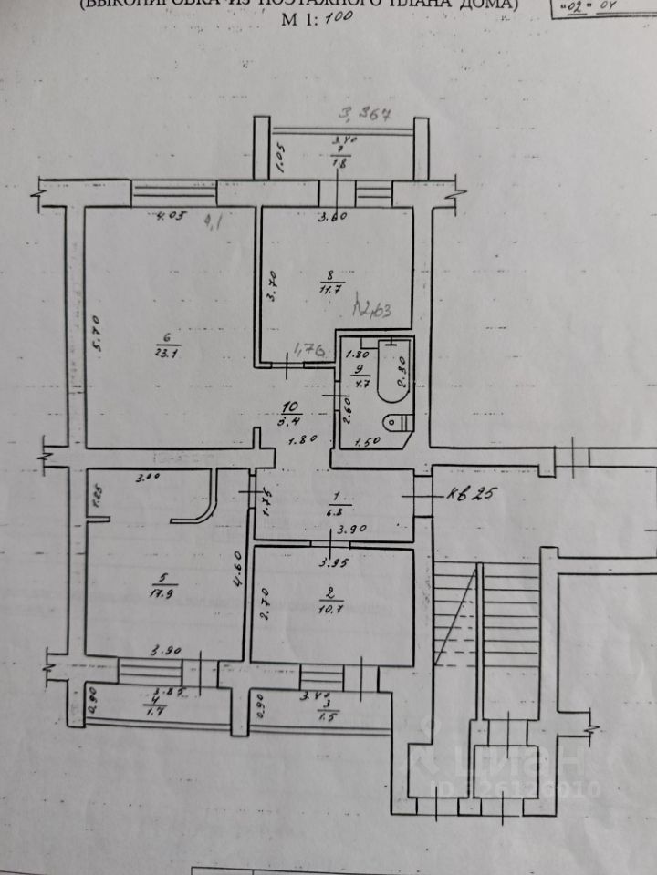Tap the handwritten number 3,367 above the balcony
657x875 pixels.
click(x=364, y=115)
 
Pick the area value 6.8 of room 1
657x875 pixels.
click(x=336, y=512)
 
